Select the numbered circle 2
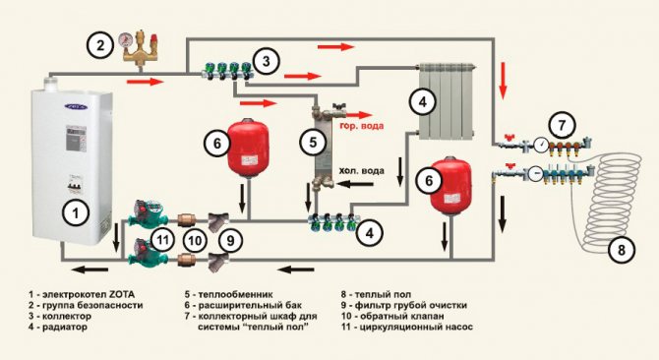pyautogui.click(x=97, y=43)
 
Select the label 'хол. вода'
pyautogui.click(x=362, y=170)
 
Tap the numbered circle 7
pyautogui.click(x=560, y=125)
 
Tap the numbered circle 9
pyautogui.click(x=229, y=238)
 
